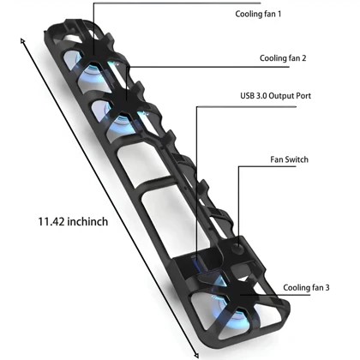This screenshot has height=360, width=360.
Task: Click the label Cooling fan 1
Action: click(x=258, y=14)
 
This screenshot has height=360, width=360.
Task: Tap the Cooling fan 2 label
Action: click(x=283, y=58)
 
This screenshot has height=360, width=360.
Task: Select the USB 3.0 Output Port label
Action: click(x=275, y=96)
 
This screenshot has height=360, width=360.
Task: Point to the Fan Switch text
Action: click(x=289, y=159)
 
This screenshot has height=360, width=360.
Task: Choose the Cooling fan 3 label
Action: click(x=306, y=287)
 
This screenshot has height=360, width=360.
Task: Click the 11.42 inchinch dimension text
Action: click(x=73, y=222)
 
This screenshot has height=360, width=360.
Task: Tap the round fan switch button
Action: click(x=238, y=249)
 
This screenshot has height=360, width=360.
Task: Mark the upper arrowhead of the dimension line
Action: click(x=22, y=40)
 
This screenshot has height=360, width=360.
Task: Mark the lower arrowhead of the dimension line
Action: click(x=196, y=355)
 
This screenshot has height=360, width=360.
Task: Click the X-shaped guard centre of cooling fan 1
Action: click(x=93, y=55)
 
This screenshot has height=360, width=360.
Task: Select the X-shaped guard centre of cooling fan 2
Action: click(x=127, y=101)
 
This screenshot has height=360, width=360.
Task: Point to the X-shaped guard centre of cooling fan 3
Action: click(x=239, y=295)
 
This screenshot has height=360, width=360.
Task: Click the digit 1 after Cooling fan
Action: click(x=279, y=14)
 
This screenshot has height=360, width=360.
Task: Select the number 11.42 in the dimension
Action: click(x=51, y=222)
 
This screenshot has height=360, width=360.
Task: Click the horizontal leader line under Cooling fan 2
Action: click(x=207, y=67)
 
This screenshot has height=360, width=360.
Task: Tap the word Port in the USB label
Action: click(x=303, y=96)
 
